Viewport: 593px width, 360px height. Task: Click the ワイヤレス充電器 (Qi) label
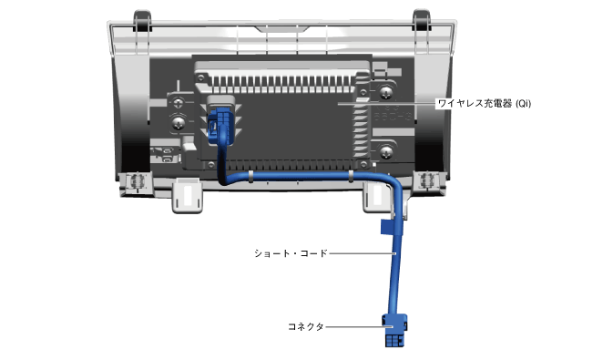click(484, 103)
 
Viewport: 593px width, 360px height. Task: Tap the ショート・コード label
click(291, 253)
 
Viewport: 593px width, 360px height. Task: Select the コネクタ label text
click(306, 326)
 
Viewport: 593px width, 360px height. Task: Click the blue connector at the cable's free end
click(394, 330)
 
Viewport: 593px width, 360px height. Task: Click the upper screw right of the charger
click(385, 92)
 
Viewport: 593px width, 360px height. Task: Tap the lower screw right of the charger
click(386, 151)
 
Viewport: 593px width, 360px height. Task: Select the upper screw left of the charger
click(179, 102)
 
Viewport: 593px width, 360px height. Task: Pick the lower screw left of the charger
click(179, 123)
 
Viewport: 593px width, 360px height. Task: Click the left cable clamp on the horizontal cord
click(250, 177)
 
